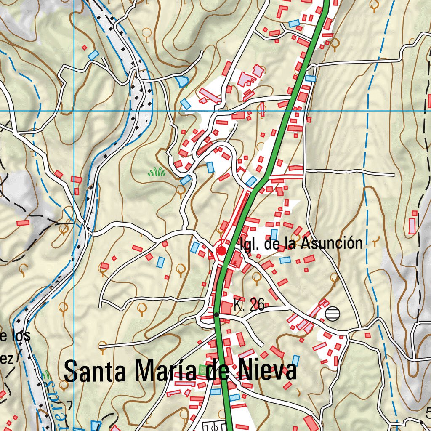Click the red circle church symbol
click(221, 251)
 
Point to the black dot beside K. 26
click(216, 314)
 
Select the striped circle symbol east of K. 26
click(332, 314)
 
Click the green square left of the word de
click(204, 370)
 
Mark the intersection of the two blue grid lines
click(74, 111)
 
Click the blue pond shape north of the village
click(182, 81)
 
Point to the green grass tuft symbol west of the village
click(157, 171)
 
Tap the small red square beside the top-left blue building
click(84, 48)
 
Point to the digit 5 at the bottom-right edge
click(428, 413)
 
